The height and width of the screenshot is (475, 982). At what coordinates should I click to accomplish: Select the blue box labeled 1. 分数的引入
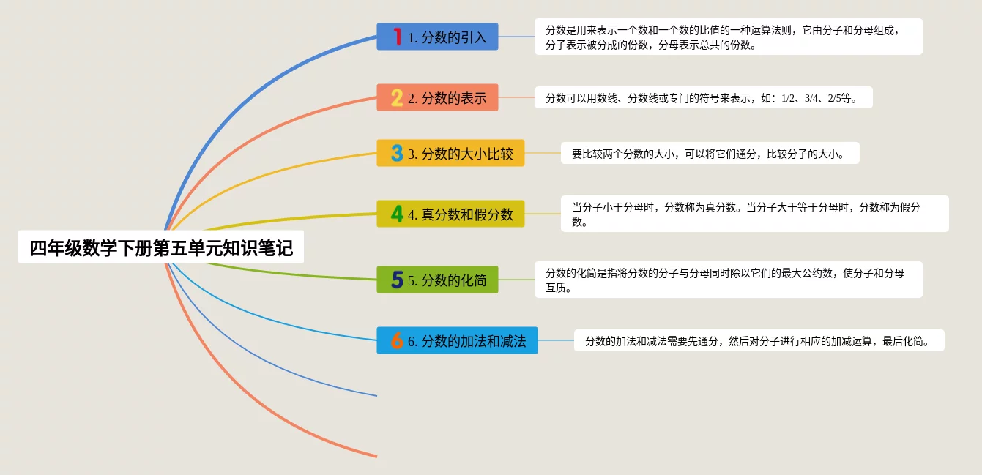click(437, 37)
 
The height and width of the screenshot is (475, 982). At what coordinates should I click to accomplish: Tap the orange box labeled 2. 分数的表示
click(437, 97)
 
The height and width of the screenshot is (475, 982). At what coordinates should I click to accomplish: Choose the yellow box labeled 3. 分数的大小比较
click(450, 153)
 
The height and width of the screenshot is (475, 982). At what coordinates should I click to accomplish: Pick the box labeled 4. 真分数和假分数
click(450, 214)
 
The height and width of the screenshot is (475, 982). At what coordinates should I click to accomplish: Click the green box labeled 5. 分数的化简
click(437, 280)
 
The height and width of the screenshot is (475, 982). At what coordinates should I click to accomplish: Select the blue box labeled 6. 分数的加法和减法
click(457, 340)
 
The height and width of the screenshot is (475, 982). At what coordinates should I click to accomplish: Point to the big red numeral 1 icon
click(397, 37)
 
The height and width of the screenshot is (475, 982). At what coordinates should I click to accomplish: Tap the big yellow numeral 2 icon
click(397, 98)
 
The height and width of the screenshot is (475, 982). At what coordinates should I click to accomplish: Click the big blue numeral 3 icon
click(397, 154)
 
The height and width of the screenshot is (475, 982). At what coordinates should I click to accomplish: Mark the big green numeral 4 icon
click(397, 214)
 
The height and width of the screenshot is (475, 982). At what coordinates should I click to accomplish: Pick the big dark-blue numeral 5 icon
click(397, 280)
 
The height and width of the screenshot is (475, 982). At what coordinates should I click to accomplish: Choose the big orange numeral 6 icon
click(397, 340)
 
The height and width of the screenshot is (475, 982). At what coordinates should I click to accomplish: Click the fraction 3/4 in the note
click(811, 98)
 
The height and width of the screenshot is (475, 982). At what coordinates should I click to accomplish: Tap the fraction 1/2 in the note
click(788, 98)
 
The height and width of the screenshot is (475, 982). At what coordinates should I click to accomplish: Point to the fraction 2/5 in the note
click(835, 98)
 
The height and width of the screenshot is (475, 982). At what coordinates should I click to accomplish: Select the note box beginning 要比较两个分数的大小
click(710, 154)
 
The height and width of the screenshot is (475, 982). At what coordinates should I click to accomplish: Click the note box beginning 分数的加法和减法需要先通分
click(759, 340)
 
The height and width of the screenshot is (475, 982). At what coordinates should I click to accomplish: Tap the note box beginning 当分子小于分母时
click(755, 214)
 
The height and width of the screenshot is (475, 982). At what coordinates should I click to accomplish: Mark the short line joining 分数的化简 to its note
click(516, 280)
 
